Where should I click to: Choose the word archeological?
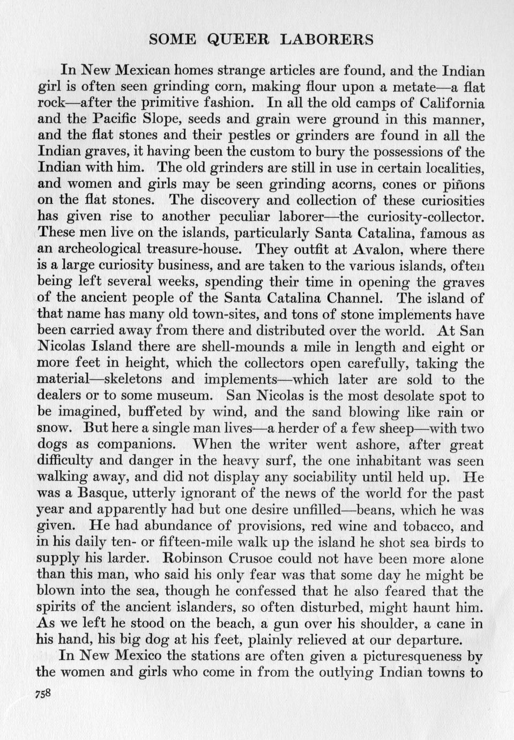[107, 250]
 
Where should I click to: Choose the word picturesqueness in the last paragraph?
[392, 656]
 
